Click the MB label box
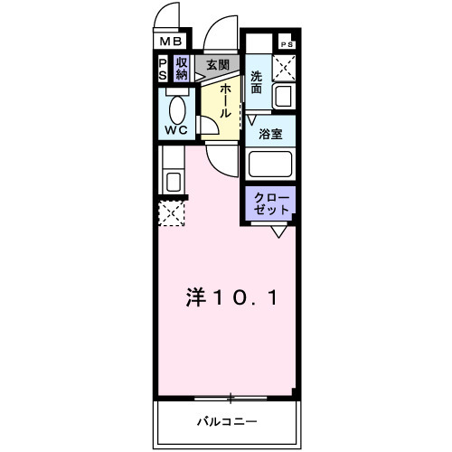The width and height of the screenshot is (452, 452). click(172, 42)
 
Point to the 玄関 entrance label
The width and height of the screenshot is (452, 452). click(216, 65)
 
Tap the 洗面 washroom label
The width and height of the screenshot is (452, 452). click(257, 84)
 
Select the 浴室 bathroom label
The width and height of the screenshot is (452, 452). click(270, 133)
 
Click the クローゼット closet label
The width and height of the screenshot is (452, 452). click(269, 202)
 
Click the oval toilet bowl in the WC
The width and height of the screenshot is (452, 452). click(177, 109)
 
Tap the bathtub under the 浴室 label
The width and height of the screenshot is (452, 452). click(270, 165)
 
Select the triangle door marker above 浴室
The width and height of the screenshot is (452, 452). click(254, 118)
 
